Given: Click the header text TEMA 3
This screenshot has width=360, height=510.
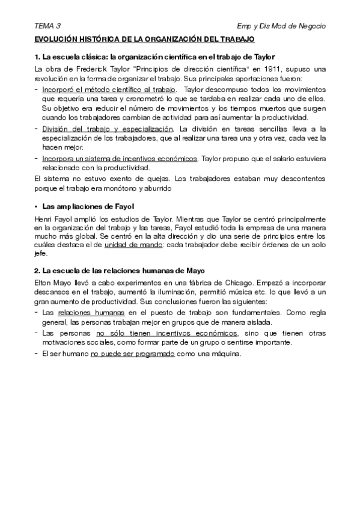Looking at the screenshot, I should [47, 26].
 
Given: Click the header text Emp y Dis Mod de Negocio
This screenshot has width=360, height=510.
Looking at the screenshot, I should [282, 26].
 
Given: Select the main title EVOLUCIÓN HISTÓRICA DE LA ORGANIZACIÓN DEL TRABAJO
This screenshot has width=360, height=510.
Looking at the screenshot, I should [145, 39].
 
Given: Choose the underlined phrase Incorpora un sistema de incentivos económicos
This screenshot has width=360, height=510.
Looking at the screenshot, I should [120, 158].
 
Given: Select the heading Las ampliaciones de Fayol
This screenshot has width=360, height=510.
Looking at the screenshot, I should [88, 206].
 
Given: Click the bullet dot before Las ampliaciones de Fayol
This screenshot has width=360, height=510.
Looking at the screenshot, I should [37, 206].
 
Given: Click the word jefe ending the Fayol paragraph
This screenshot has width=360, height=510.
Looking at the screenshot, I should [40, 254].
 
